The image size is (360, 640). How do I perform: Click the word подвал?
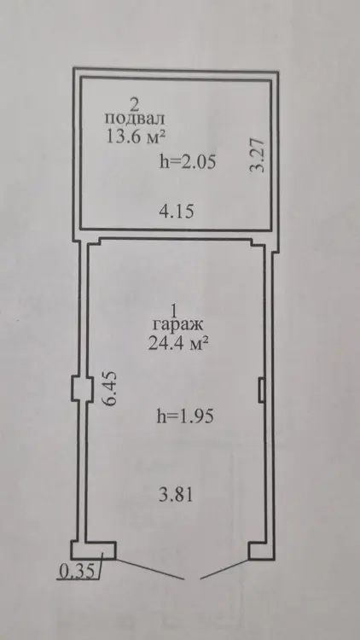pyautogui.click(x=135, y=119)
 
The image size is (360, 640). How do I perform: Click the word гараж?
pyautogui.click(x=177, y=325)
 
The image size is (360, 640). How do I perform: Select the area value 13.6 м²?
pyautogui.click(x=135, y=136)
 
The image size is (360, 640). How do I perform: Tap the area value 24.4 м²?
pyautogui.click(x=178, y=344)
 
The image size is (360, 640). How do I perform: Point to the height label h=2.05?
pyautogui.click(x=188, y=162)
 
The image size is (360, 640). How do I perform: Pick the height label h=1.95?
pyautogui.click(x=185, y=416)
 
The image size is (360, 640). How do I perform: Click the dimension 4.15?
pyautogui.click(x=177, y=212)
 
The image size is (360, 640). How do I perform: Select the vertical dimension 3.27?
pyautogui.click(x=258, y=155)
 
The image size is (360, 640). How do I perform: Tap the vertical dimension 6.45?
pyautogui.click(x=110, y=387)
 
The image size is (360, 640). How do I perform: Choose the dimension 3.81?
pyautogui.click(x=175, y=495)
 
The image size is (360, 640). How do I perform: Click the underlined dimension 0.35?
pyautogui.click(x=77, y=571)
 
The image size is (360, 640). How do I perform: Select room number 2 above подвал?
pyautogui.click(x=134, y=105)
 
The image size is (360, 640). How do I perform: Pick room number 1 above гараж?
pyautogui.click(x=174, y=311)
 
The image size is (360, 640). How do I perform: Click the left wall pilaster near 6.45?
pyautogui.click(x=78, y=387)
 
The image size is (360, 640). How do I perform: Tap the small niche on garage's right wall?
pyautogui.click(x=262, y=389)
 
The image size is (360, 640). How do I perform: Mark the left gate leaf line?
pyautogui.click(x=150, y=568)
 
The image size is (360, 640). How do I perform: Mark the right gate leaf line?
pyautogui.click(x=224, y=568)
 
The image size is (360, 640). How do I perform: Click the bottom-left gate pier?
pyautogui.click(x=94, y=550)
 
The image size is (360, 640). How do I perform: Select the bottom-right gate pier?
pyautogui.click(x=261, y=550)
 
